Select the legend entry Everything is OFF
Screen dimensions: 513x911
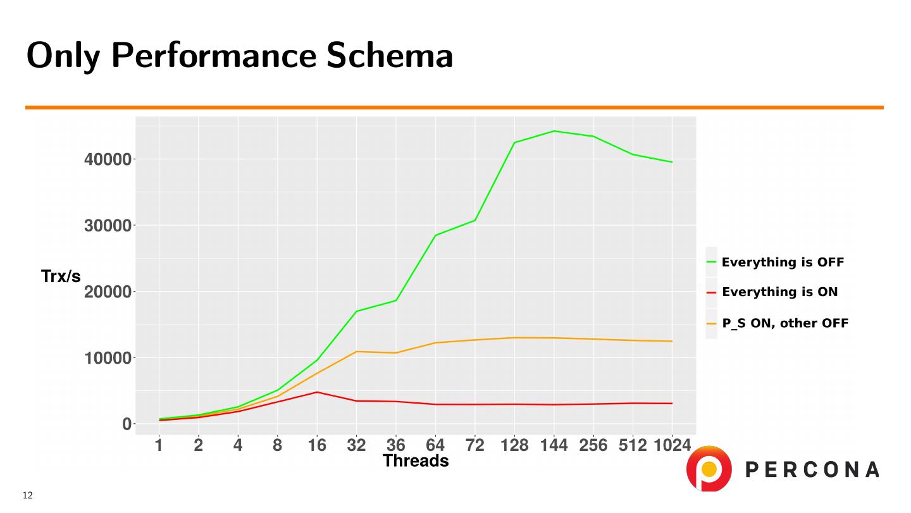tap(783, 262)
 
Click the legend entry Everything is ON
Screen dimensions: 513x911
tap(779, 292)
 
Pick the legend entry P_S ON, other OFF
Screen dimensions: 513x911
tap(785, 323)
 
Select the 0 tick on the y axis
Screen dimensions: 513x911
tap(127, 424)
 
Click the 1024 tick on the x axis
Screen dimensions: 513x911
tap(672, 445)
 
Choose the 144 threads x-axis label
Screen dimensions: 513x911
tap(554, 445)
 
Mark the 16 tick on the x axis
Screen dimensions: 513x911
tap(317, 445)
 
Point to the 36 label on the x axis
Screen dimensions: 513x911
tap(396, 445)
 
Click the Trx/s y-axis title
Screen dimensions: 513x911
tap(61, 276)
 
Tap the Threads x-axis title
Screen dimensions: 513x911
tap(416, 461)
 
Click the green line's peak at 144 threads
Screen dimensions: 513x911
tap(554, 131)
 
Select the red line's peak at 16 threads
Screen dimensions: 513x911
tap(317, 392)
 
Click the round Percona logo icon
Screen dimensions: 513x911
tap(709, 469)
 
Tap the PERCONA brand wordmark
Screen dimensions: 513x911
tap(812, 469)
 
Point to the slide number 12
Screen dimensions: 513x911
tap(27, 495)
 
